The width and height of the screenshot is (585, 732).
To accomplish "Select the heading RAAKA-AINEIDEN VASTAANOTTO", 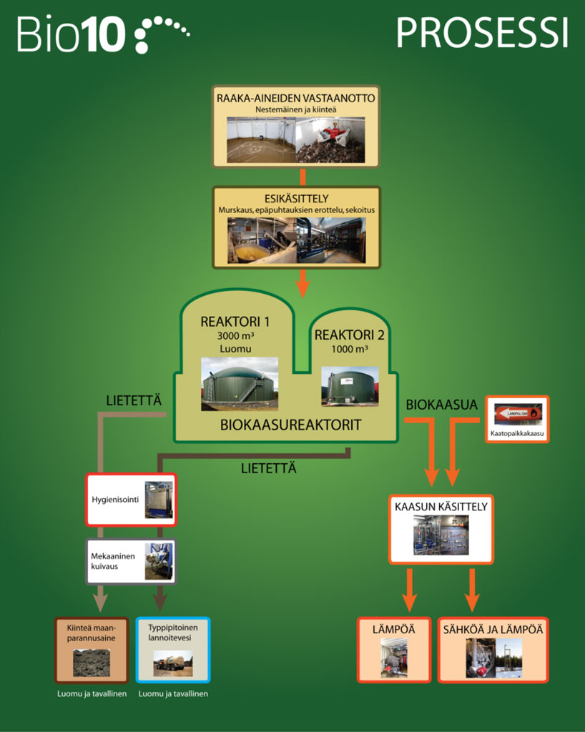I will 296,97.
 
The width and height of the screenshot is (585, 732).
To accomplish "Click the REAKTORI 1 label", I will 235,321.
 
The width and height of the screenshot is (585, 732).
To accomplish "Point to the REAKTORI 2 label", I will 349,335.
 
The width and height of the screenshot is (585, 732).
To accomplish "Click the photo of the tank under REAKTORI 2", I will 350,386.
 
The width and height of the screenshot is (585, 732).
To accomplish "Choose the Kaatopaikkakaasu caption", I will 518,433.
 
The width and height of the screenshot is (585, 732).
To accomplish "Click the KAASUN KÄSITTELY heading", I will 441,507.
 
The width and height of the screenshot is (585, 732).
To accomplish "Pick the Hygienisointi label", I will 114,498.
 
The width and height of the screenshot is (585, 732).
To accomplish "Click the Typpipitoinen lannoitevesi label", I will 172,632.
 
